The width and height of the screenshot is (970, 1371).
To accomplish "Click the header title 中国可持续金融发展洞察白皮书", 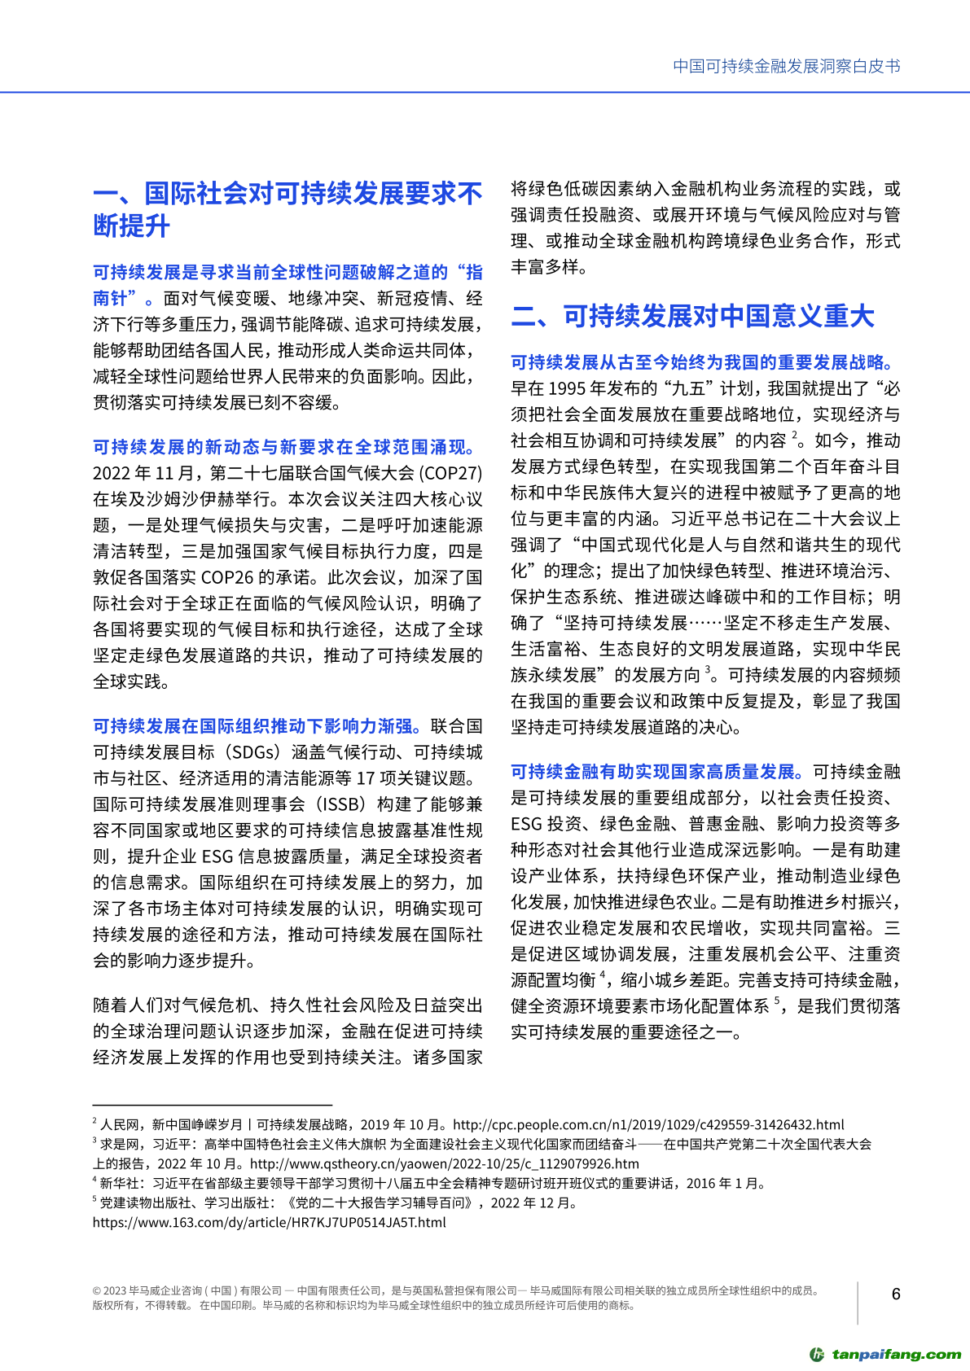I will click(x=786, y=67).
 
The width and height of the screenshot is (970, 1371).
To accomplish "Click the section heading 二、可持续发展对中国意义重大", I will click(x=692, y=316).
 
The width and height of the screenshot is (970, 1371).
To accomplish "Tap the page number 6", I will click(x=896, y=1294).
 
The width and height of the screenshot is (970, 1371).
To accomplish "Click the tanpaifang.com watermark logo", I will click(x=885, y=1354).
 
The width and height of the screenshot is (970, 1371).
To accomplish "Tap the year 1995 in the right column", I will click(x=568, y=388).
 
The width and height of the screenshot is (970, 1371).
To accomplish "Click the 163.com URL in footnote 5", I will click(x=269, y=1222).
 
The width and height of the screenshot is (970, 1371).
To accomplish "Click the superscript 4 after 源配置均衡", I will click(x=603, y=975).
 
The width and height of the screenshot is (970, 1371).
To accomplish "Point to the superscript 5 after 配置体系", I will click(x=777, y=1001).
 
